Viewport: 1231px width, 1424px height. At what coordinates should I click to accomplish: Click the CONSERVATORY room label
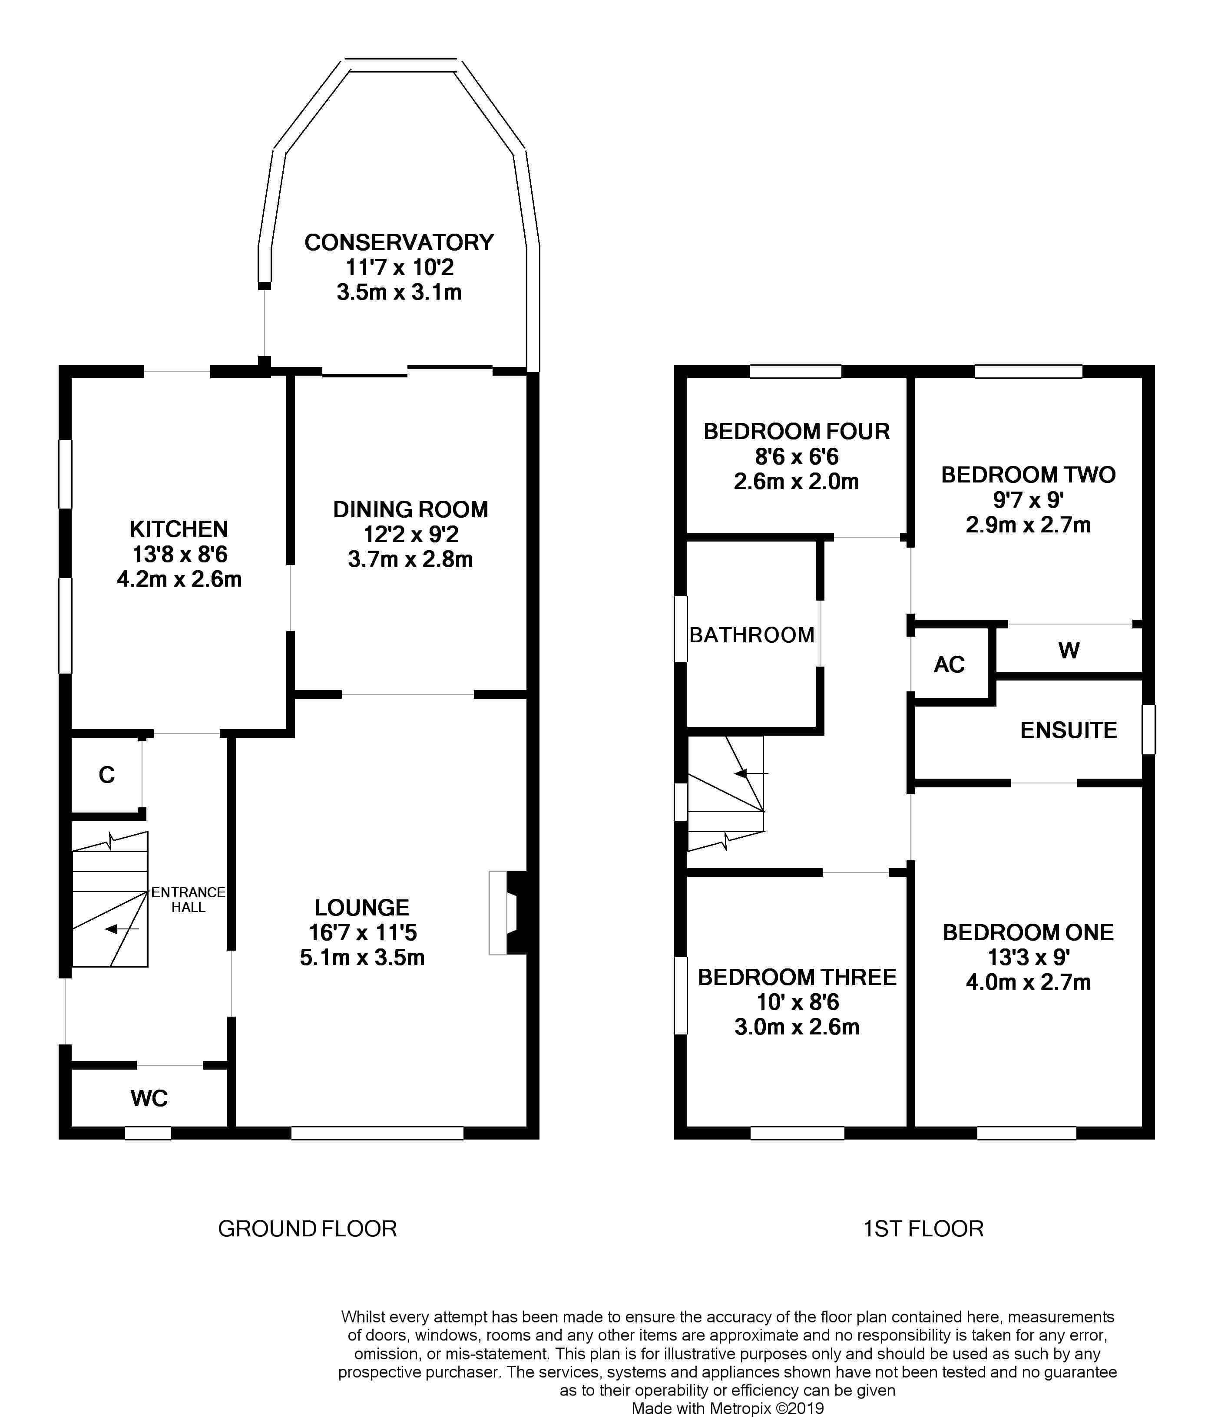click(x=399, y=243)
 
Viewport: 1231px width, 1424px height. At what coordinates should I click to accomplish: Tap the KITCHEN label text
click(x=179, y=529)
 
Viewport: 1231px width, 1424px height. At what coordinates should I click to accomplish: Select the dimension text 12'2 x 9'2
click(x=410, y=534)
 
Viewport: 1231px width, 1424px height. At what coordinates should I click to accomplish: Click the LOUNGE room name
click(x=362, y=908)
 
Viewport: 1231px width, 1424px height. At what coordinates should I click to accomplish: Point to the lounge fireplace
click(x=509, y=913)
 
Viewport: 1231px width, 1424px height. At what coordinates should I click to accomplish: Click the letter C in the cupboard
click(x=106, y=775)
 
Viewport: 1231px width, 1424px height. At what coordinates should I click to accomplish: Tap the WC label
click(x=149, y=1098)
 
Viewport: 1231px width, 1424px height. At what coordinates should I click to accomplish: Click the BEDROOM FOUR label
click(x=797, y=432)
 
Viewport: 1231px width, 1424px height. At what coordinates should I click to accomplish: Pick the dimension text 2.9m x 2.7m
click(x=1028, y=525)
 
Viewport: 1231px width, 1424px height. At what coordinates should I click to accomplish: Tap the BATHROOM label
click(x=752, y=635)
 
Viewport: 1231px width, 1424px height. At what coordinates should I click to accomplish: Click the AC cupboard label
click(x=949, y=664)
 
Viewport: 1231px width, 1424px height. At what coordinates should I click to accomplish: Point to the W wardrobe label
click(x=1069, y=650)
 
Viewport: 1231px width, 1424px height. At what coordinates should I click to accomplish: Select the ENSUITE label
click(x=1069, y=730)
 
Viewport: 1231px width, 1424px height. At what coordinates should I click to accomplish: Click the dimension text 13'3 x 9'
click(x=1028, y=957)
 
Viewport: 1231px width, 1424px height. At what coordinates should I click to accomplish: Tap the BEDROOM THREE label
click(x=798, y=977)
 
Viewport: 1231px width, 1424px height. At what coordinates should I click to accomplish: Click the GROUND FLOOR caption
click(x=307, y=1229)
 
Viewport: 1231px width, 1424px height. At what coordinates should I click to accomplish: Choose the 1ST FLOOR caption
click(x=923, y=1229)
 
